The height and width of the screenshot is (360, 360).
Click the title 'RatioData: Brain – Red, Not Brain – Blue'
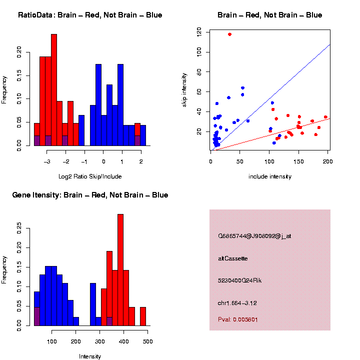tap(90, 15)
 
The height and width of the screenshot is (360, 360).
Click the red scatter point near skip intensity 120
tap(229, 34)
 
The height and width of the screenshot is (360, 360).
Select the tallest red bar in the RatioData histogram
tap(54, 90)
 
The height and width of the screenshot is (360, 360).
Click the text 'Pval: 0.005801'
tap(238, 319)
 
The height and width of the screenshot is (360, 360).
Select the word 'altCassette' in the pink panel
tap(233, 258)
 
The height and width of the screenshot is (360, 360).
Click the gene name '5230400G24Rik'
tap(239, 280)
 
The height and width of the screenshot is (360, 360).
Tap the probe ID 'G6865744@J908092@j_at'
tap(254, 236)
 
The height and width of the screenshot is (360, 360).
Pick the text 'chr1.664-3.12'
tap(237, 303)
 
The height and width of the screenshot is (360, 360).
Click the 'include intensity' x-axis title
tap(270, 176)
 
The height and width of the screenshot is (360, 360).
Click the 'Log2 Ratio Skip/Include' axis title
tap(90, 176)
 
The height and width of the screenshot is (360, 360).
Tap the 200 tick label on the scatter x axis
tap(327, 161)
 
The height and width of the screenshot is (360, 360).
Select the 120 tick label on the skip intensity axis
tap(199, 32)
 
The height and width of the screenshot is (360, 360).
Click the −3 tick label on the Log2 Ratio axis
tap(46, 161)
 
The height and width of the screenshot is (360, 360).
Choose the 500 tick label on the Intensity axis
tap(147, 341)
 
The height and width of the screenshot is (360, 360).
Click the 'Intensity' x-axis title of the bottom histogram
tap(90, 356)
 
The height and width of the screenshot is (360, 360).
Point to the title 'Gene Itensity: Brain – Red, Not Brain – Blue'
tap(90, 195)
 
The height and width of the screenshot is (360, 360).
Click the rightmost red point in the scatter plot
tap(325, 117)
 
